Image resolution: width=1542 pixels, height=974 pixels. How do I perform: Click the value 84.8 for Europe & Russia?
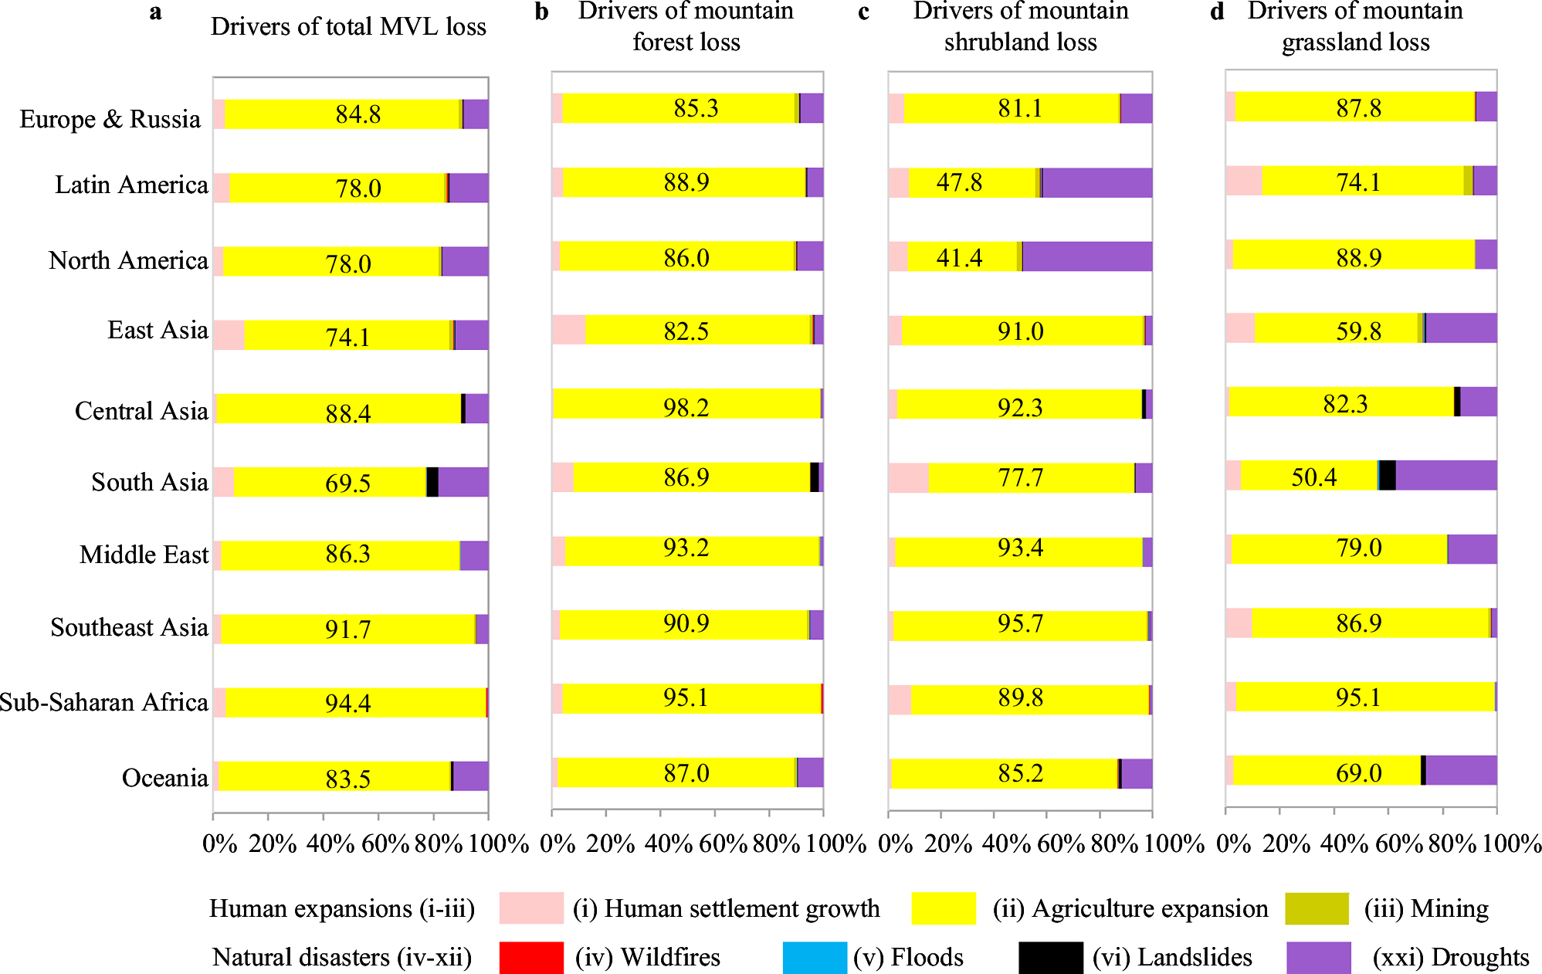click(x=358, y=114)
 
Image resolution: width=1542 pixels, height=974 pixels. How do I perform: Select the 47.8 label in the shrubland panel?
click(x=959, y=182)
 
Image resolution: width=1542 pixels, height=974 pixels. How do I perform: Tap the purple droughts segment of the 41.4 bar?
click(x=1087, y=256)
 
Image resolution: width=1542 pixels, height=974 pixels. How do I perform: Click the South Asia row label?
click(x=150, y=482)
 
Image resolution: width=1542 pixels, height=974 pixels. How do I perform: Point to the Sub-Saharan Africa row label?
click(x=103, y=702)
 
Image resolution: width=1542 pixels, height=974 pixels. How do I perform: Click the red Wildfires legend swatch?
click(x=531, y=957)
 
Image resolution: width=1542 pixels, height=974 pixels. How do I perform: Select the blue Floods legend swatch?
click(x=815, y=957)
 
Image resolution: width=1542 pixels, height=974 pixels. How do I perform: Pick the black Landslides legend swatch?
click(x=1050, y=957)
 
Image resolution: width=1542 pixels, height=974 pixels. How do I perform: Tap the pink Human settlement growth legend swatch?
click(x=531, y=908)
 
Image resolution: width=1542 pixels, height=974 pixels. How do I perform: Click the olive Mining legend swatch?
click(x=1317, y=908)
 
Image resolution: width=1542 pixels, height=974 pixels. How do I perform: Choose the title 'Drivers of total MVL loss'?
click(x=348, y=27)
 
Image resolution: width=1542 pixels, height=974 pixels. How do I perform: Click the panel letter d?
click(x=1217, y=12)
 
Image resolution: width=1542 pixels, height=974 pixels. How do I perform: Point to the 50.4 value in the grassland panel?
click(x=1313, y=477)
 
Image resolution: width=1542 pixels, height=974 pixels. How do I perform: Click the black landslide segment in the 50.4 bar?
click(x=1388, y=475)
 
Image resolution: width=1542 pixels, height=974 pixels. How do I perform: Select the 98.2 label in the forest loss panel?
click(x=686, y=407)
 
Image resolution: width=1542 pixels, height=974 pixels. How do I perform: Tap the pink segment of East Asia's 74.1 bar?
click(x=229, y=335)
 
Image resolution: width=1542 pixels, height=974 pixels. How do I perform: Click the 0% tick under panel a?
click(x=219, y=843)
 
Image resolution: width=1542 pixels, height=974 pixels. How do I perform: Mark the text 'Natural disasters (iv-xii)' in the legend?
click(x=341, y=957)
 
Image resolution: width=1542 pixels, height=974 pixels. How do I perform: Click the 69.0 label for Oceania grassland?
click(x=1358, y=772)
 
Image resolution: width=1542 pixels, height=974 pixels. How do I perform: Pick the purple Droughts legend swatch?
click(x=1319, y=957)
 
